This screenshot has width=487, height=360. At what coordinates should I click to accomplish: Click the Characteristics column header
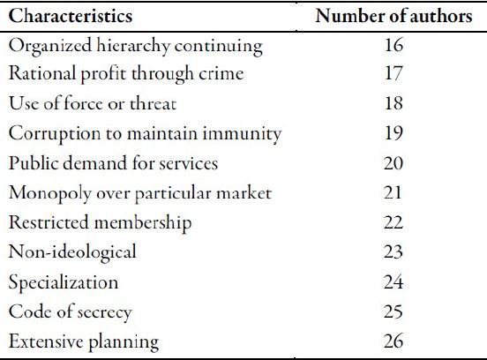point(71,17)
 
